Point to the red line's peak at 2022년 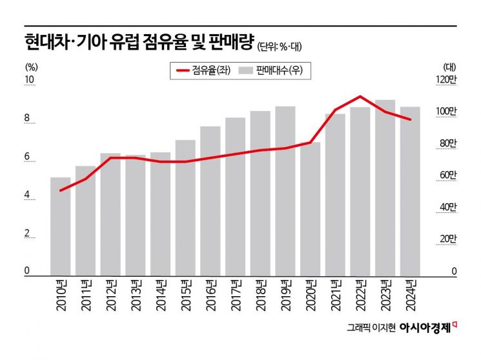click(360, 97)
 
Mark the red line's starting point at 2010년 click(60, 190)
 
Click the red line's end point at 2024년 click(410, 119)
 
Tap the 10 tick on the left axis click(29, 81)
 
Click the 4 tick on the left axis click(28, 195)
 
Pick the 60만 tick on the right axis click(447, 175)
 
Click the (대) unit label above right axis click(450, 66)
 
